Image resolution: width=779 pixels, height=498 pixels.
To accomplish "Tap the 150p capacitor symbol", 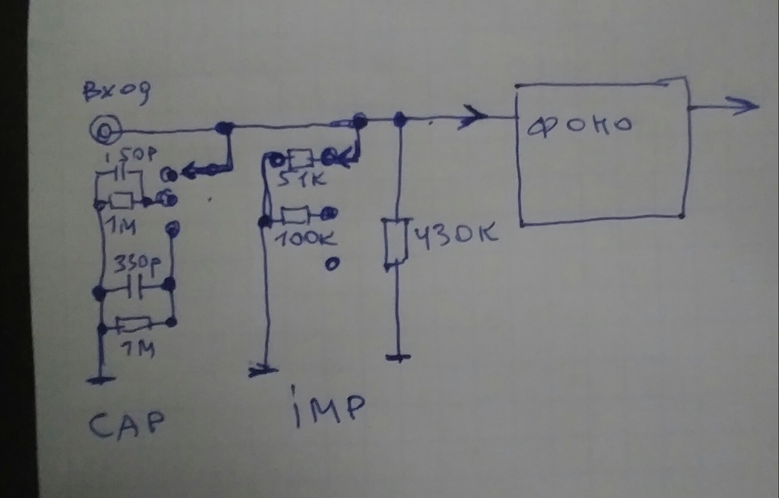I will (x=123, y=174).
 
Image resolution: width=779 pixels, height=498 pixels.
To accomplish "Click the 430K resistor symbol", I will (x=395, y=241).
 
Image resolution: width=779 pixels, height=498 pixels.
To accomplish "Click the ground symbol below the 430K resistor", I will (x=398, y=357).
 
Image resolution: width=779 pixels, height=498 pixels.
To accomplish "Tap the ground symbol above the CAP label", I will (x=101, y=380).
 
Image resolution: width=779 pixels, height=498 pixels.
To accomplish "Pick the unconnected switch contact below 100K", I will (x=332, y=264).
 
